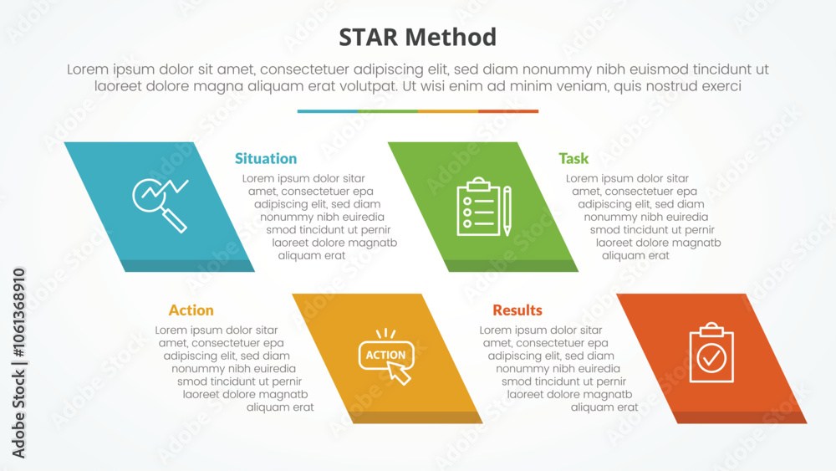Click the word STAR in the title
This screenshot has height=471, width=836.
pos(368,38)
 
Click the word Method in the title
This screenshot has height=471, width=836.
pos(451,38)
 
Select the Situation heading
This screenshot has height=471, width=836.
pos(266,158)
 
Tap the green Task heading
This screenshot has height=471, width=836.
pos(573,158)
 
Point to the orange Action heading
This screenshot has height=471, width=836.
pos(191,310)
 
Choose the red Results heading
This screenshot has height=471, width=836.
pos(517,310)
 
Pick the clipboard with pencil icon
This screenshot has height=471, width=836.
pos(484,207)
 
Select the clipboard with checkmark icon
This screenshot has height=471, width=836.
pos(711,352)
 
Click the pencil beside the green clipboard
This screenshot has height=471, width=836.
pos(507,211)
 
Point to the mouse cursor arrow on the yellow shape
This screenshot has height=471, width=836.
pos(399,373)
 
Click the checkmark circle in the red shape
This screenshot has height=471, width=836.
pos(711,358)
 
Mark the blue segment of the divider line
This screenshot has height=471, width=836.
pos(328,111)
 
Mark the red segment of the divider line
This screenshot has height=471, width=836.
pos(508,111)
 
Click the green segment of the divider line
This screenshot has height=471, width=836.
pos(388,111)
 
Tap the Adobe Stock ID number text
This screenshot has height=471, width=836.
pos(18,313)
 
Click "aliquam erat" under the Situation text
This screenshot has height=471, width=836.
pos(311,255)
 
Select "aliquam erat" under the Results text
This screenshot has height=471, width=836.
pos(604,407)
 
